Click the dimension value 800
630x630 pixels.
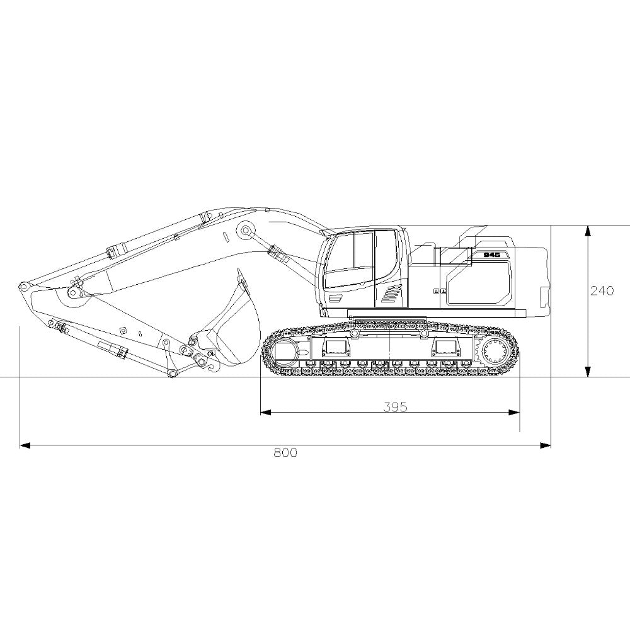pos(285,452)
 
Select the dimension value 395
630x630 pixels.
pos(396,407)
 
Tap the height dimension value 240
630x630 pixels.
pos(602,290)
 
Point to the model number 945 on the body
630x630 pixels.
pos(492,255)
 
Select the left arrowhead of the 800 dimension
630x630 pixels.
pos(25,445)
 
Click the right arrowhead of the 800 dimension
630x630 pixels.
pos(546,445)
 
